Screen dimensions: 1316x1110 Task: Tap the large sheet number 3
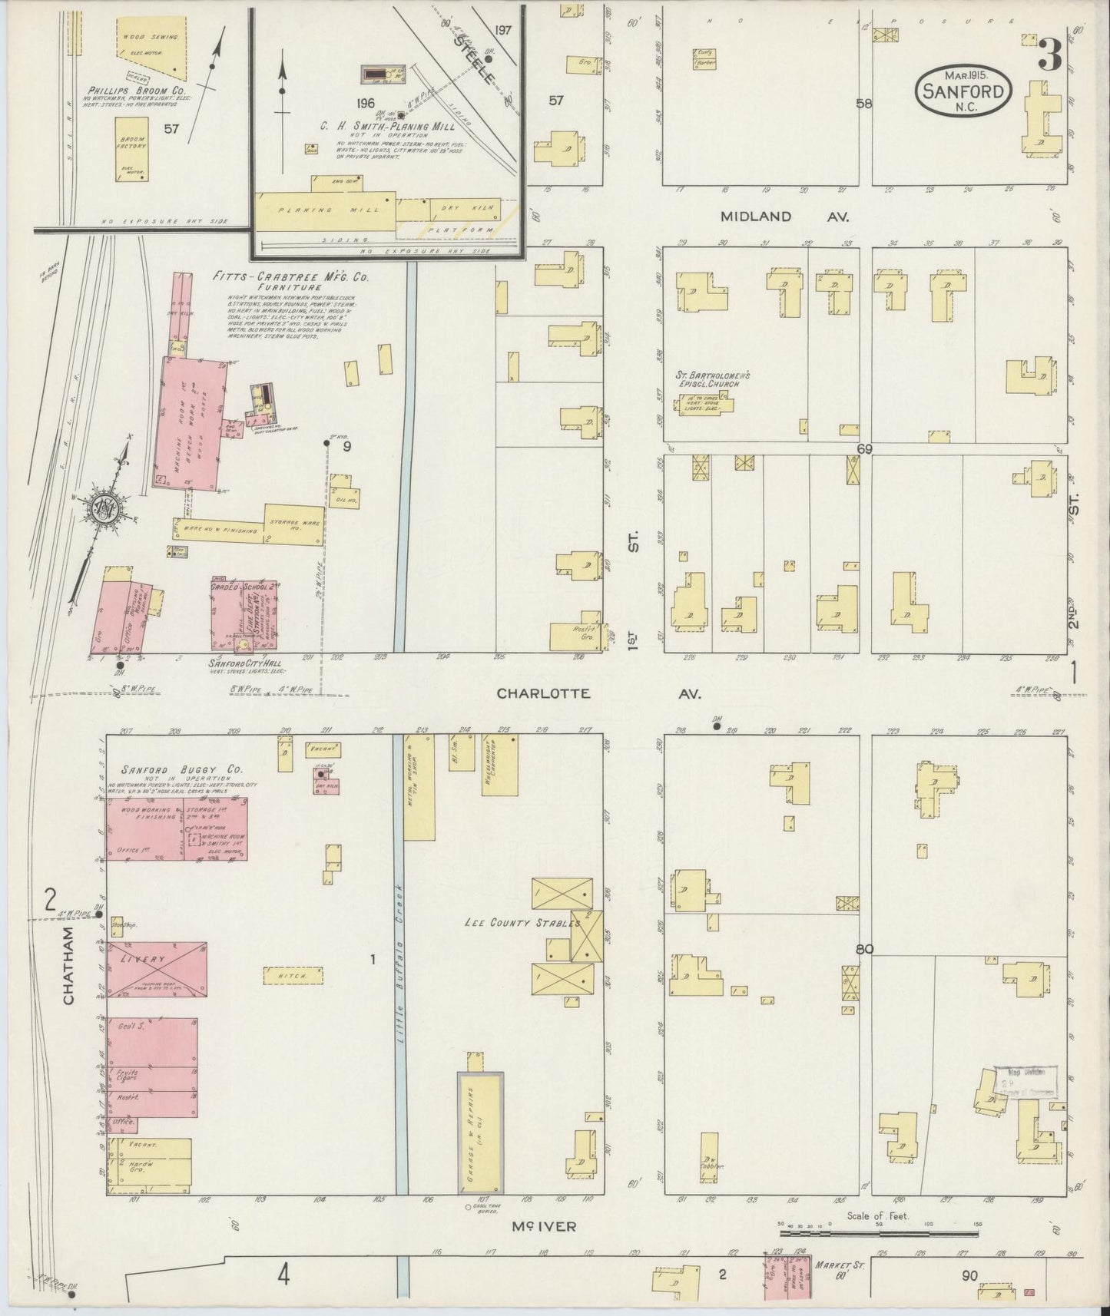pos(1049,54)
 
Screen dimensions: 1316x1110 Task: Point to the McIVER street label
pos(542,1226)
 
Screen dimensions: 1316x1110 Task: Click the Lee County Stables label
pos(520,923)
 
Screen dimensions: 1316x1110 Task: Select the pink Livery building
pos(156,968)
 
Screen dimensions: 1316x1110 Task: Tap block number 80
pos(865,950)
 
